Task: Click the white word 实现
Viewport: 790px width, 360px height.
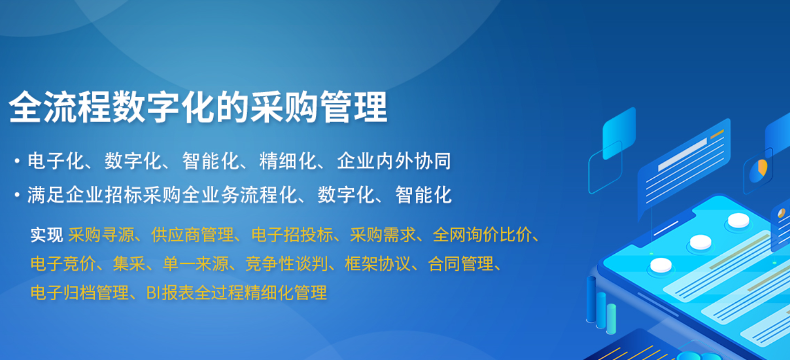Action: coord(46,235)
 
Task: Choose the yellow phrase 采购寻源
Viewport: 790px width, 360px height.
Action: coord(101,235)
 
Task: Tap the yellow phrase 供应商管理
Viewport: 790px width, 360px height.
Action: coord(192,235)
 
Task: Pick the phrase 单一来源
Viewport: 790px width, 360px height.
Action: coord(195,264)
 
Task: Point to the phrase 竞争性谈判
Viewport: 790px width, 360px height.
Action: coord(286,264)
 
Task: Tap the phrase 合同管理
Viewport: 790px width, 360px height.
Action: coord(461,264)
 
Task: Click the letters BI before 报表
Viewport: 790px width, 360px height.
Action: coord(153,293)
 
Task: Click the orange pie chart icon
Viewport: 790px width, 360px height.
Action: coord(761,168)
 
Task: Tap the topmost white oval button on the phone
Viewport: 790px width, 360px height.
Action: coord(738,220)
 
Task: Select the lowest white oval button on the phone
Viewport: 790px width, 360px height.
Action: coord(661,265)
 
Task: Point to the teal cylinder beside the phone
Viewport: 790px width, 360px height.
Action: coord(611,318)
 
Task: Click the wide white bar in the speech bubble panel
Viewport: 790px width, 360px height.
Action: coord(682,154)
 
